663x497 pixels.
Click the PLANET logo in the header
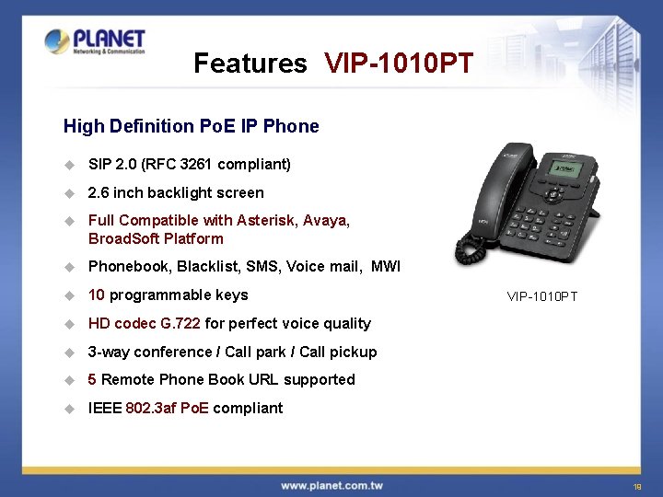[x=95, y=41]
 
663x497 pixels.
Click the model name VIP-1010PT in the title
[x=399, y=64]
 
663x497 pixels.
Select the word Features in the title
[x=250, y=64]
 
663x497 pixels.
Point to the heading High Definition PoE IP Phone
[x=191, y=126]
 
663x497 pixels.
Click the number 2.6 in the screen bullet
[x=99, y=193]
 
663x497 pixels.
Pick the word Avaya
[x=325, y=221]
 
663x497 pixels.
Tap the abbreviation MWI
[x=386, y=267]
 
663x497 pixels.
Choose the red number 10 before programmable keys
[x=96, y=295]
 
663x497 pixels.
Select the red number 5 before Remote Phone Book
[x=92, y=380]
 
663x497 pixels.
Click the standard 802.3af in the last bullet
[x=151, y=409]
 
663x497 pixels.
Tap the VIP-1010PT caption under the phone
[x=542, y=296]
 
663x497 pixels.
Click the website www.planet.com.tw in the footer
[x=331, y=485]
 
